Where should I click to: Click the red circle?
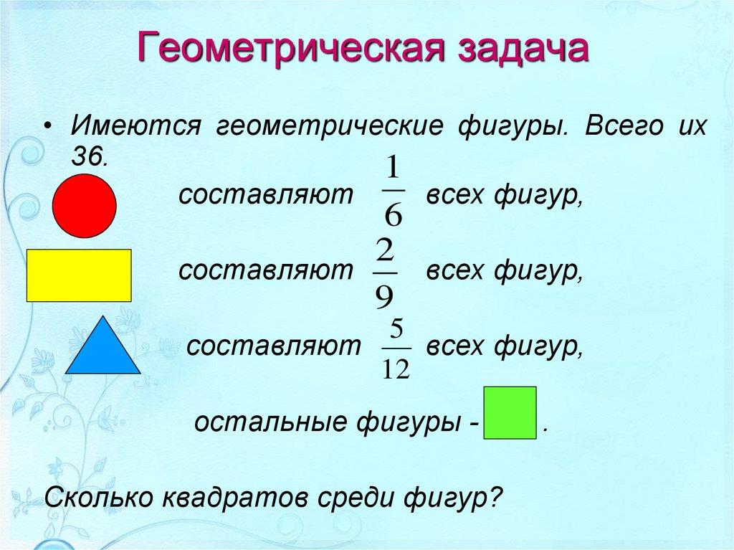click(85, 206)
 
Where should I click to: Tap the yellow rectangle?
click(79, 275)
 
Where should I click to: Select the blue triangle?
click(103, 349)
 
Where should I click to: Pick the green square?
click(510, 412)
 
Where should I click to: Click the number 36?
click(88, 157)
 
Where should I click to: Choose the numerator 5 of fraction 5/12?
click(396, 331)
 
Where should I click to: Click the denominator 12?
click(396, 369)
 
